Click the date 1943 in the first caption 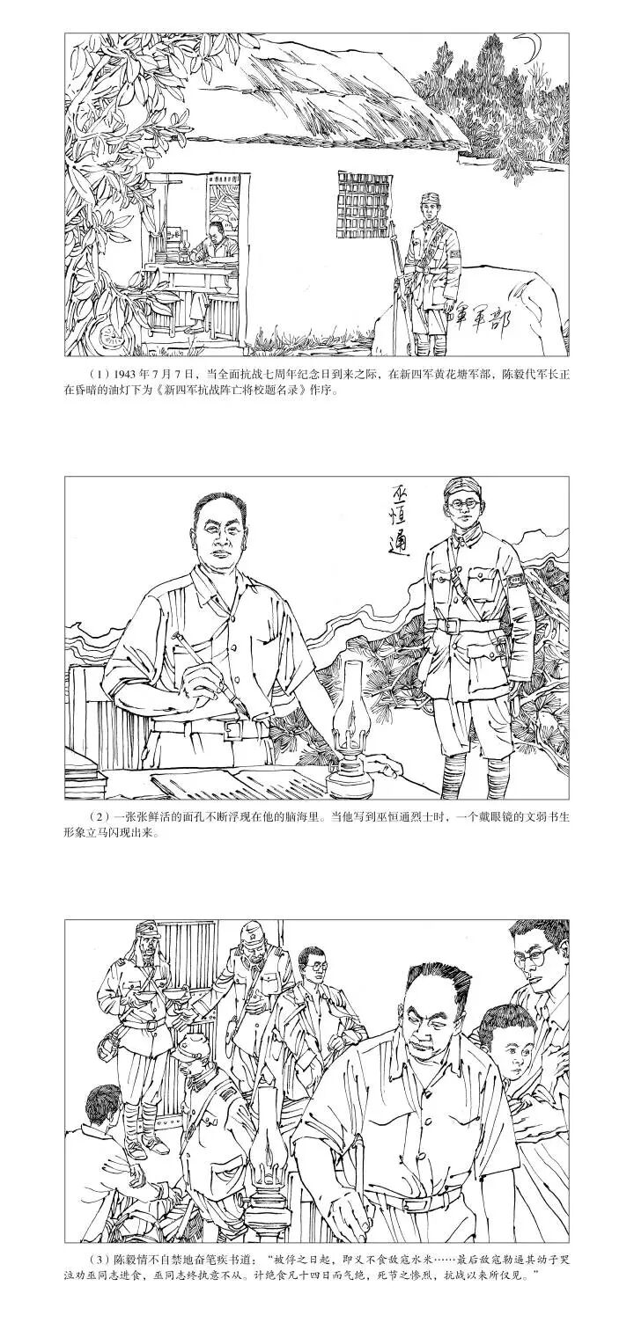pos(116,374)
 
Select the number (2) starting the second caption pos(96,817)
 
